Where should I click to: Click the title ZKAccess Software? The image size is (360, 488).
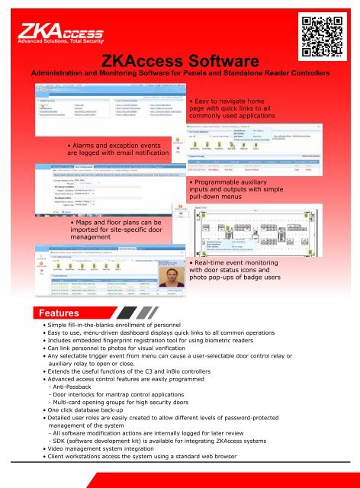coord(180,60)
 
